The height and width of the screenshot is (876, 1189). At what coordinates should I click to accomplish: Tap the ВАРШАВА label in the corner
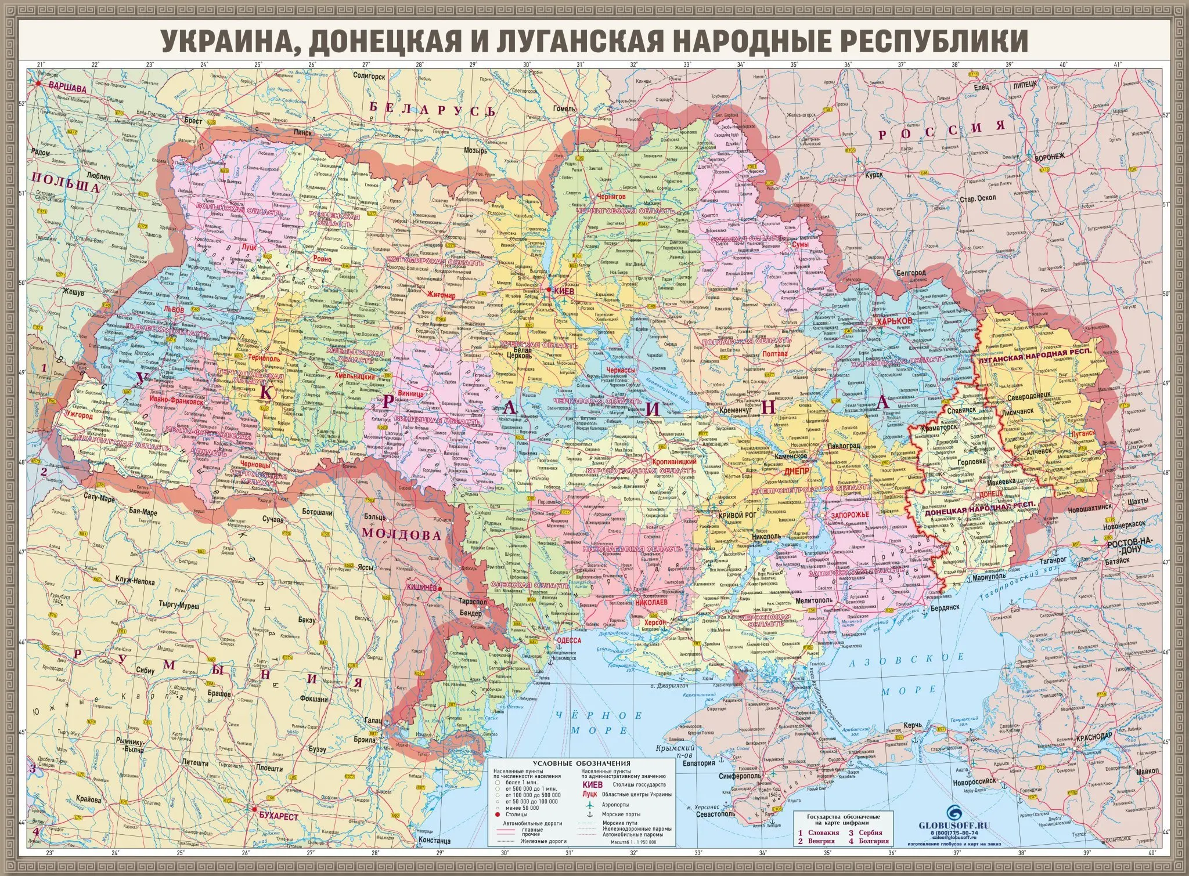click(66, 89)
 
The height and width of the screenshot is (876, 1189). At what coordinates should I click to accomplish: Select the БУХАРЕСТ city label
click(279, 816)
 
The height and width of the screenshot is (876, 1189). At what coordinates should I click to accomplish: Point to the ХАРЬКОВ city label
click(896, 321)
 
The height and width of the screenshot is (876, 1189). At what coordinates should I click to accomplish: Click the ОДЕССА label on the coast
click(568, 640)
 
